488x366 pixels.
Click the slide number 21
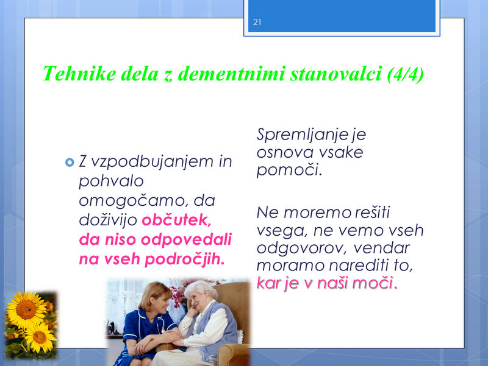point(257,22)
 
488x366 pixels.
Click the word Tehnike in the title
point(79,74)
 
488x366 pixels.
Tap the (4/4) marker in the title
point(406,74)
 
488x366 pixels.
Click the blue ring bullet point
point(70,162)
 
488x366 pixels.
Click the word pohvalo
point(111,181)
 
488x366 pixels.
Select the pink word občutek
point(176,220)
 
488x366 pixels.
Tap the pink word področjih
point(185,259)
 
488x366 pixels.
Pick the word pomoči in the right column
point(289,170)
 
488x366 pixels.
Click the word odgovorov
point(300,248)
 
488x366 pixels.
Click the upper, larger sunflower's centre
point(26,309)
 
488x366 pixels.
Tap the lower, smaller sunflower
point(40,337)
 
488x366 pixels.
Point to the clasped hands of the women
point(176,341)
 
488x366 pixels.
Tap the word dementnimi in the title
point(231,74)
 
